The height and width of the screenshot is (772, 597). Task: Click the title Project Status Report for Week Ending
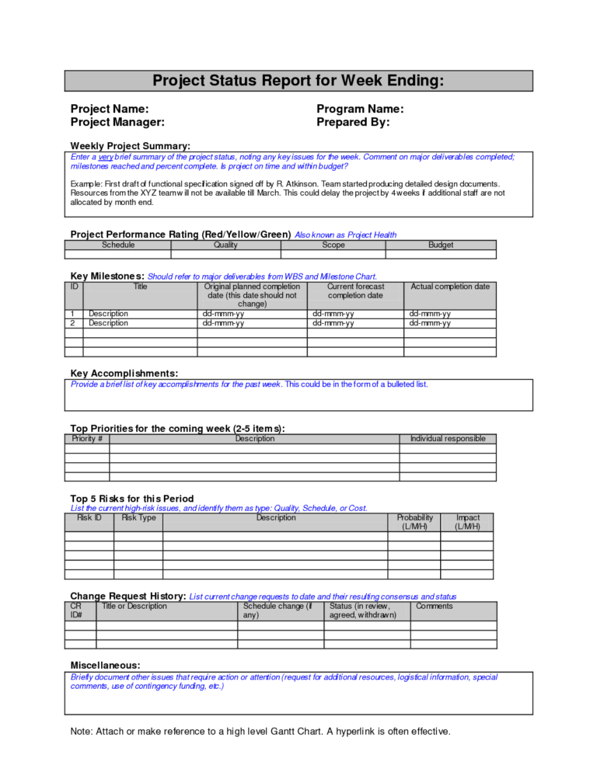click(298, 81)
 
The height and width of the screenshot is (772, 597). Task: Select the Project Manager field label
click(117, 122)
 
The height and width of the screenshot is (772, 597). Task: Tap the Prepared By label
click(353, 122)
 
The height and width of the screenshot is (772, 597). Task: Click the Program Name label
click(360, 109)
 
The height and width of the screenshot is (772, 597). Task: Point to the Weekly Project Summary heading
click(130, 145)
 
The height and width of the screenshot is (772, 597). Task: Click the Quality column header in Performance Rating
click(225, 245)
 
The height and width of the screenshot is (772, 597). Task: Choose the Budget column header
click(441, 245)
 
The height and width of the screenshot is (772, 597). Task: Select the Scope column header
click(333, 245)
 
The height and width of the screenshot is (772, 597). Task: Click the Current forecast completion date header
click(355, 291)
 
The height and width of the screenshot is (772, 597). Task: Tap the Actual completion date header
click(450, 287)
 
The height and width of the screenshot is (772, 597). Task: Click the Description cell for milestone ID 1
click(108, 314)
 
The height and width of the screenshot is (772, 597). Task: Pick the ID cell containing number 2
click(72, 323)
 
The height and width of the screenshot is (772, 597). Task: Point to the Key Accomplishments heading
click(124, 373)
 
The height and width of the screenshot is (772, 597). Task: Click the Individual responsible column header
click(448, 439)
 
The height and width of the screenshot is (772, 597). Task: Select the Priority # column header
click(87, 439)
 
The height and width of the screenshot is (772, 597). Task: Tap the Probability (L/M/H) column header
click(414, 522)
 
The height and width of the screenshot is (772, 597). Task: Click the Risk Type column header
click(138, 517)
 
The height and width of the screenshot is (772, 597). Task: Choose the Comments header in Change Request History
click(434, 606)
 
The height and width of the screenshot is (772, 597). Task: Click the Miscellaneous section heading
click(106, 665)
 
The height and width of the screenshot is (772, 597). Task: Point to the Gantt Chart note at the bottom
click(260, 731)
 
